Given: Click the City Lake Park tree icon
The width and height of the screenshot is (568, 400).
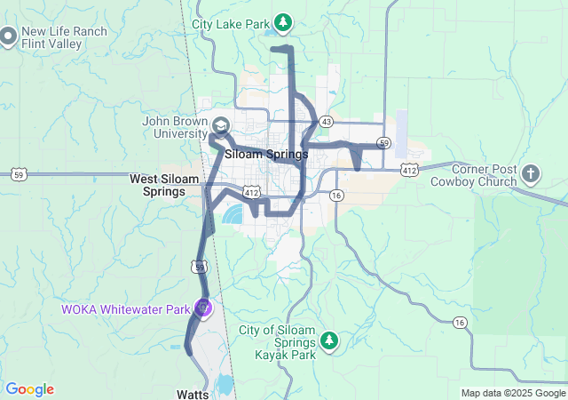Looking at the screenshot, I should click(x=282, y=21).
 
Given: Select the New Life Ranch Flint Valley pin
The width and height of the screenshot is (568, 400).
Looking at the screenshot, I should click(x=9, y=37).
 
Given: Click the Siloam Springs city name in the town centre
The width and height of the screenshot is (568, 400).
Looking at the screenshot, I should click(x=266, y=154).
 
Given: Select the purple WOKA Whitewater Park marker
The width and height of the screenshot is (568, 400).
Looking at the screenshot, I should click(x=203, y=308).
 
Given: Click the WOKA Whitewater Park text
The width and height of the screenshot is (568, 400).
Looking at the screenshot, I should click(x=125, y=309).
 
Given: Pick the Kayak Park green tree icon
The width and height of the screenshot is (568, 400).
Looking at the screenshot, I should click(x=329, y=340).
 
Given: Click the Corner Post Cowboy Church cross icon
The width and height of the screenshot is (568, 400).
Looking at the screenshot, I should click(x=530, y=172).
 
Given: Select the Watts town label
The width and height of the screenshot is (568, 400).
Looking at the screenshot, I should click(x=193, y=391).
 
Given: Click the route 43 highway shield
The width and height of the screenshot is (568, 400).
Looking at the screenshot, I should click(x=327, y=121).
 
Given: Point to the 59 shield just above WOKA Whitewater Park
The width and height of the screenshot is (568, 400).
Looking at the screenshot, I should click(x=201, y=267).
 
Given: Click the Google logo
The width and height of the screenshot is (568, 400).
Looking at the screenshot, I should click(x=29, y=389).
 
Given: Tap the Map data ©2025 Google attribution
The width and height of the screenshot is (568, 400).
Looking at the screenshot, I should click(x=514, y=393).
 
